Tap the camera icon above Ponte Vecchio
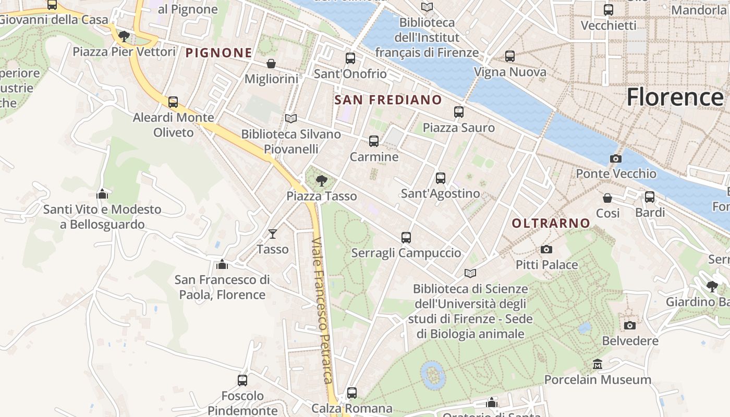[x=616, y=158]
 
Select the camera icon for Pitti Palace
[x=546, y=250]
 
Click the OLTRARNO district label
[x=551, y=224]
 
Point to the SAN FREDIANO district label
[x=388, y=100]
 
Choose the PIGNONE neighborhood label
[x=219, y=53]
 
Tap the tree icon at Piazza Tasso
[x=322, y=181]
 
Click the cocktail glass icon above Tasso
[x=273, y=234]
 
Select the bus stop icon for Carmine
[x=374, y=141]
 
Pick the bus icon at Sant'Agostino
[x=441, y=178]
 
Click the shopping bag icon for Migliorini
[x=271, y=64]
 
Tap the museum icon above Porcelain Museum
[x=598, y=364]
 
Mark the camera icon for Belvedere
[x=630, y=326]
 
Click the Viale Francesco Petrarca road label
[x=322, y=311]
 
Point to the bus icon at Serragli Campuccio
[x=406, y=238]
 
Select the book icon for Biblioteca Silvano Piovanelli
[x=291, y=119]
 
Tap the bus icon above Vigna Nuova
[x=510, y=56]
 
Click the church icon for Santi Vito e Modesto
[x=102, y=194]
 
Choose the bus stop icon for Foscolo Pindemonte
[x=242, y=381]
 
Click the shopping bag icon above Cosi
[x=607, y=198]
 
